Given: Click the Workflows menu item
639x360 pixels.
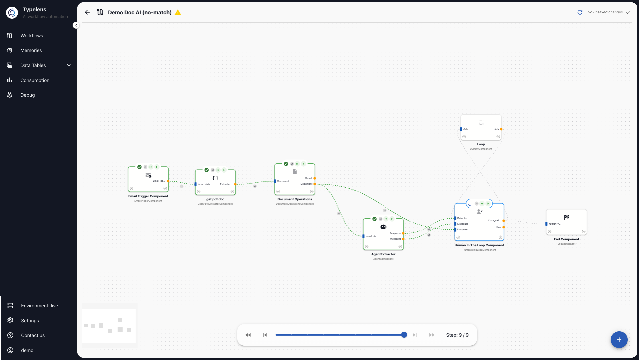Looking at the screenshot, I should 31,36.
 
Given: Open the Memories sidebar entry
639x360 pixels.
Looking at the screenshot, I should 31,50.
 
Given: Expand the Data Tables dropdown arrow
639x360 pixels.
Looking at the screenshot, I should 69,65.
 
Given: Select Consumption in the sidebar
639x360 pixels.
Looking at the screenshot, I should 35,80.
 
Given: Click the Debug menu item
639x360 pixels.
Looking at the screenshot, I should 27,95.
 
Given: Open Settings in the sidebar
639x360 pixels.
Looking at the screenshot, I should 30,321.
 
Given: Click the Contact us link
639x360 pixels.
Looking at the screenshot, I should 33,335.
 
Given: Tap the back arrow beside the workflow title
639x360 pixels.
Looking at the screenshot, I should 87,12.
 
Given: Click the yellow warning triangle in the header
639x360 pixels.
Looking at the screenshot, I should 178,12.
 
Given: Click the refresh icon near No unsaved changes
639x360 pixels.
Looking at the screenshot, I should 580,12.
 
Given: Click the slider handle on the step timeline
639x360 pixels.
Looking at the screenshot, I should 404,335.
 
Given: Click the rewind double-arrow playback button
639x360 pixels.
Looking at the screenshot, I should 248,335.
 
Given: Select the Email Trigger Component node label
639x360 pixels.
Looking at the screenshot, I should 148,196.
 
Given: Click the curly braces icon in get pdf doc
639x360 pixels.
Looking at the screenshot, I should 215,178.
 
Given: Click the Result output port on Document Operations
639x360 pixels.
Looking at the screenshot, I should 315,178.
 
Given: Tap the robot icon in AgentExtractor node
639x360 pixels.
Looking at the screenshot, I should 383,227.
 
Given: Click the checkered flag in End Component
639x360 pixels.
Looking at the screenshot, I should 566,217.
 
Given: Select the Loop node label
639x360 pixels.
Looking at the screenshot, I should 481,144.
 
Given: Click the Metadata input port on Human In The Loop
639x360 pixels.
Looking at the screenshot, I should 455,224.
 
